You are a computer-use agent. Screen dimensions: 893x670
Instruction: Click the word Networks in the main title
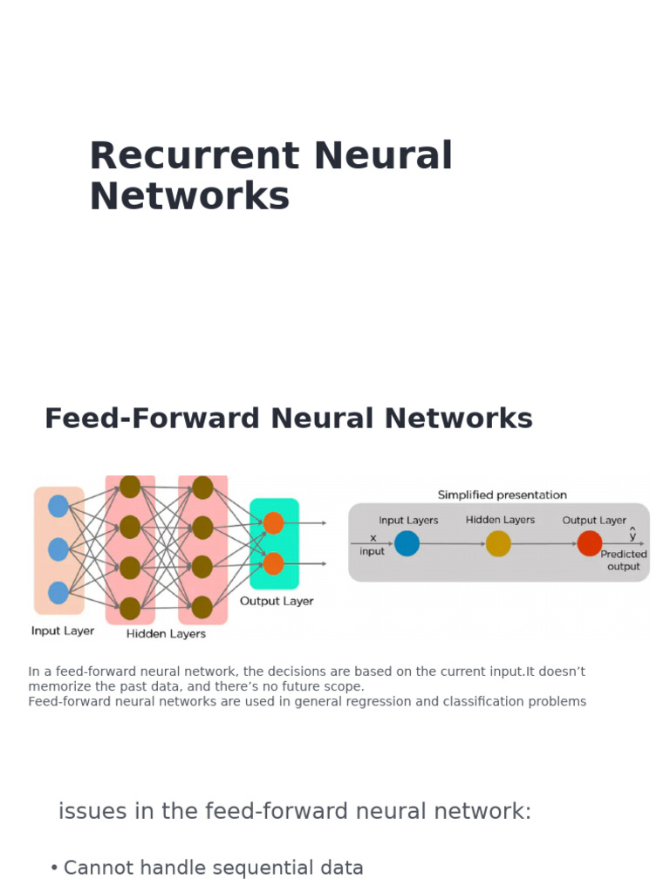click(189, 197)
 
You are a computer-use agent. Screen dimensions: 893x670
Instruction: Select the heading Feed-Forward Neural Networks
click(288, 419)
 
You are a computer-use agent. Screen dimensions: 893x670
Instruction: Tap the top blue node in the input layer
click(58, 506)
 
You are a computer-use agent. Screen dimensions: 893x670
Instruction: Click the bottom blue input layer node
click(58, 593)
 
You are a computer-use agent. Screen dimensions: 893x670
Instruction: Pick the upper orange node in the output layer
click(273, 522)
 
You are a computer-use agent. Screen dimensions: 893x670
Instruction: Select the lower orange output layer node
click(273, 563)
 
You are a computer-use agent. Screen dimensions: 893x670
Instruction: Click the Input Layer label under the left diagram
click(63, 631)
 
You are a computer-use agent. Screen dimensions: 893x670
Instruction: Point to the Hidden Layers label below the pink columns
click(166, 634)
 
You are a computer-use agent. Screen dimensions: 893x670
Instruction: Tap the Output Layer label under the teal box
click(277, 601)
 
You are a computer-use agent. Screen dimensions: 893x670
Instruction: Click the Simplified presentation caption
click(502, 494)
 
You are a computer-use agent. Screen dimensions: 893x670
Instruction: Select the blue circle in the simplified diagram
click(407, 543)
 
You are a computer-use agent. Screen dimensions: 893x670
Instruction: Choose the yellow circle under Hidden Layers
click(498, 543)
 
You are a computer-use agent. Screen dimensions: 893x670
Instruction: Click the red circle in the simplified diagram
click(590, 543)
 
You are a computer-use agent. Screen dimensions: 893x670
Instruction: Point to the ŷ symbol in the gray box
click(632, 534)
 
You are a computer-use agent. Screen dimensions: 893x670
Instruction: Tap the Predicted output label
click(624, 560)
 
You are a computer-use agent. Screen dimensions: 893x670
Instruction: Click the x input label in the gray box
click(373, 545)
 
